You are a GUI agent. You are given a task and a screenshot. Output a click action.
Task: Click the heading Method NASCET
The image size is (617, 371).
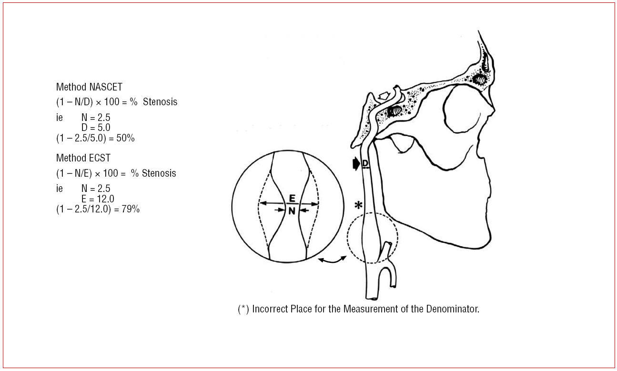[89, 87]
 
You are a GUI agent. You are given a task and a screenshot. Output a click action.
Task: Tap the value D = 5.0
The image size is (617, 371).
[95, 128]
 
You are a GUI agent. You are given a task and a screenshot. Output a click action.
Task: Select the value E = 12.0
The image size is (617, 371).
[97, 199]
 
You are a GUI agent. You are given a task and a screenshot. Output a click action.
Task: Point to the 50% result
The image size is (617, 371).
[126, 138]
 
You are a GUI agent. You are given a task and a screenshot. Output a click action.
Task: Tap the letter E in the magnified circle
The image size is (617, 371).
[292, 198]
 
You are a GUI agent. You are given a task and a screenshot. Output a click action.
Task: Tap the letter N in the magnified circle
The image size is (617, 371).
[292, 211]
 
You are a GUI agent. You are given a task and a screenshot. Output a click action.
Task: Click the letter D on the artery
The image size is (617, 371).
[365, 163]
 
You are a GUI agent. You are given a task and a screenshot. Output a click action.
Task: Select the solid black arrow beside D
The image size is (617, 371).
[355, 164]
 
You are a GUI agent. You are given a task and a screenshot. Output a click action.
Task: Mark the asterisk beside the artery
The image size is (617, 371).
[357, 206]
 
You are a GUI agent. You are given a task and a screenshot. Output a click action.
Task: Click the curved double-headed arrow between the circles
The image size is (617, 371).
[333, 259]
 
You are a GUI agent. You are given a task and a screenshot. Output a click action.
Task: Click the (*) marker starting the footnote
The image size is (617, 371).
[243, 309]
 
